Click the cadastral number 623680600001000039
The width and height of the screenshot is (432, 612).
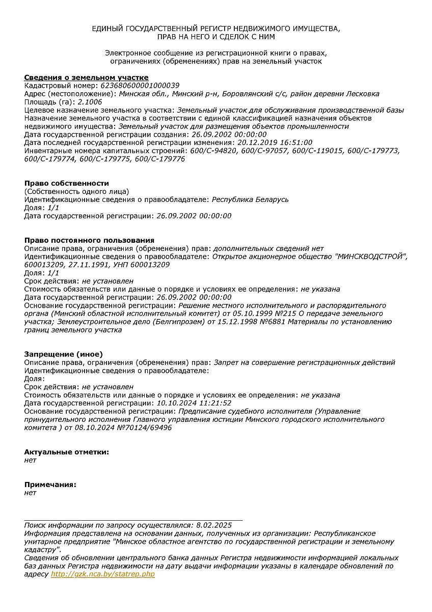pyautogui.click(x=141, y=86)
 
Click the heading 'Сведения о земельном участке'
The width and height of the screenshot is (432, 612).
pyautogui.click(x=87, y=78)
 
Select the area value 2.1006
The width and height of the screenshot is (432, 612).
pyautogui.click(x=90, y=102)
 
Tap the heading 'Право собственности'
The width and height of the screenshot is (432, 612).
pyautogui.click(x=67, y=184)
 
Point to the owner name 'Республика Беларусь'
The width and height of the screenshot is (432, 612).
pyautogui.click(x=250, y=199)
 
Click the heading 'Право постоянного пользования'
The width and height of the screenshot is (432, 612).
pyautogui.click(x=89, y=240)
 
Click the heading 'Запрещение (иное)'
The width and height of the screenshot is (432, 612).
pyautogui.click(x=64, y=354)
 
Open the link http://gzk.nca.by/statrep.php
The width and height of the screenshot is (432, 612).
pyautogui.click(x=103, y=574)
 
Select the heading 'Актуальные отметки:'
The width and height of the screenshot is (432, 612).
pyautogui.click(x=67, y=452)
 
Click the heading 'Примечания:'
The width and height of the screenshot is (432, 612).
pyautogui.click(x=50, y=484)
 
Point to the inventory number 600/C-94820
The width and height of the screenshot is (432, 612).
pyautogui.click(x=213, y=151)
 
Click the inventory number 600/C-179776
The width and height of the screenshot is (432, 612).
pyautogui.click(x=159, y=159)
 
